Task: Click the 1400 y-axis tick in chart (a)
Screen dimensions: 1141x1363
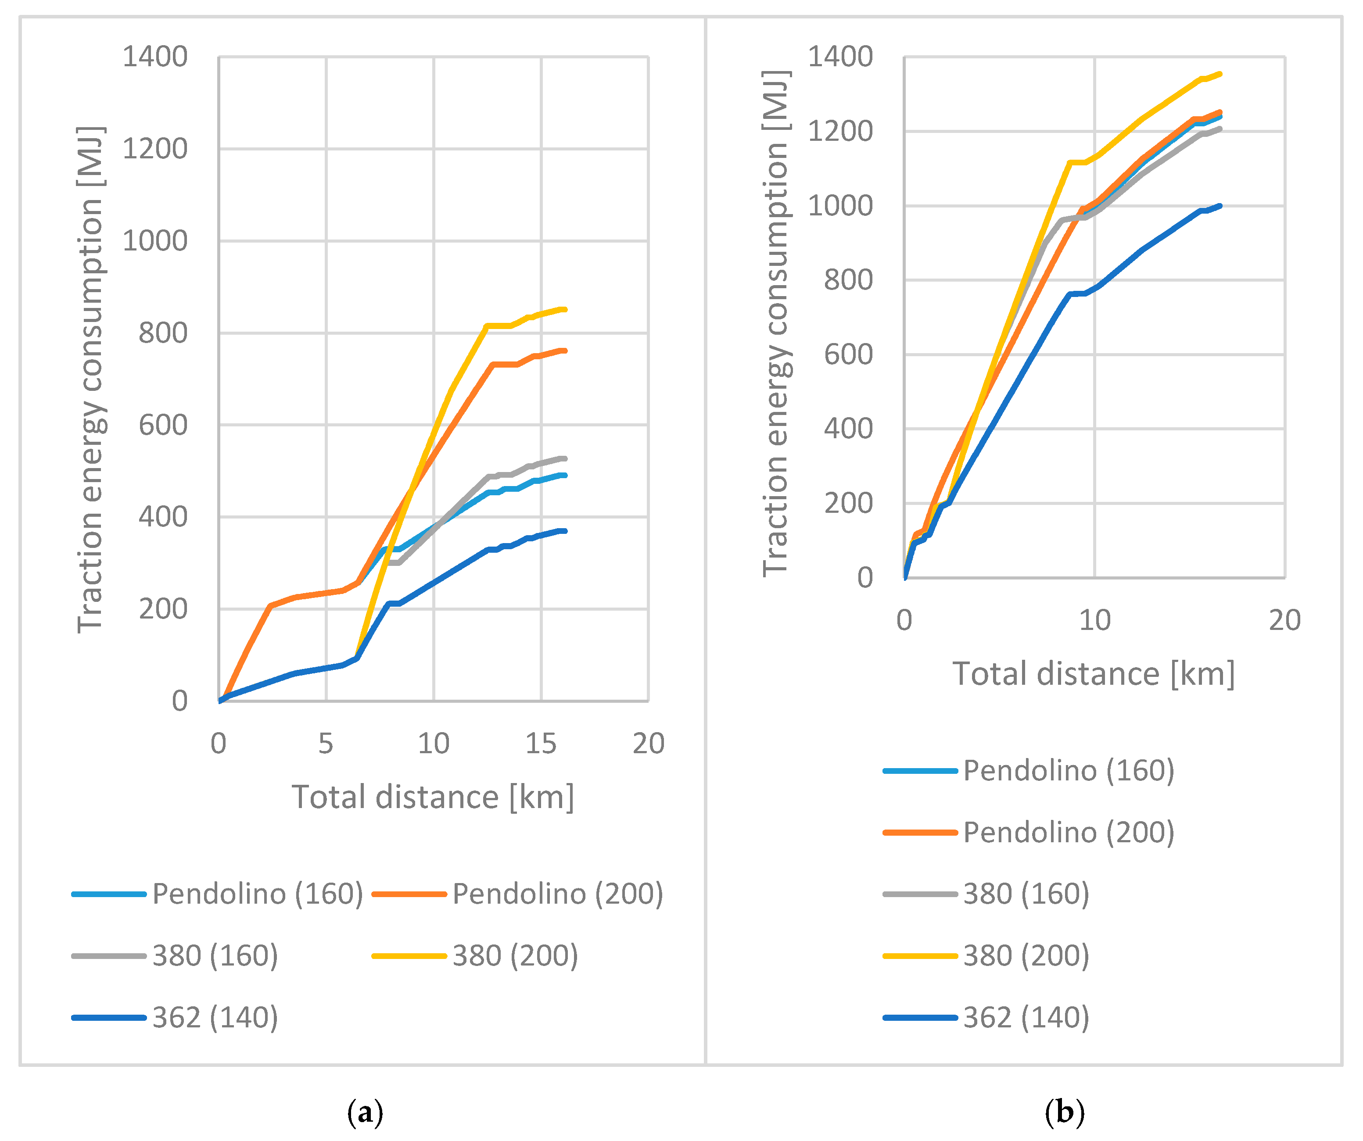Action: tap(155, 57)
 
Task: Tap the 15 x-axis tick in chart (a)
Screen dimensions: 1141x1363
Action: tap(541, 744)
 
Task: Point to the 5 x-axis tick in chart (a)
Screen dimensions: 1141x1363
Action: tap(326, 744)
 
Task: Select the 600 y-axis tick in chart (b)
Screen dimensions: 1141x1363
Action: tap(848, 355)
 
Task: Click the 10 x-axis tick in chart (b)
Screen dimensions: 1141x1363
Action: tap(1094, 621)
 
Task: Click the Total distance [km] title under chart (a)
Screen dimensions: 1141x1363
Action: tap(433, 797)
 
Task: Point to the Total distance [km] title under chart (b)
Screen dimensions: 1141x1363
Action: tap(1094, 674)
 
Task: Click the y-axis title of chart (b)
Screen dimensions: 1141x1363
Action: tap(775, 323)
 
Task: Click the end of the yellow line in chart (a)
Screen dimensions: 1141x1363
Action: tap(565, 309)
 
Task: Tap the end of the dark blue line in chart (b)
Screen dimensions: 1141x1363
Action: tap(1220, 206)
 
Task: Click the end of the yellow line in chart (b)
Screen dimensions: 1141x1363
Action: tap(1220, 74)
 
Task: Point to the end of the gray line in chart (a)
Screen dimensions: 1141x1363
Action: tap(565, 458)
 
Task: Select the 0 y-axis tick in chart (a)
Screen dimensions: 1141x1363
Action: tap(180, 701)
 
